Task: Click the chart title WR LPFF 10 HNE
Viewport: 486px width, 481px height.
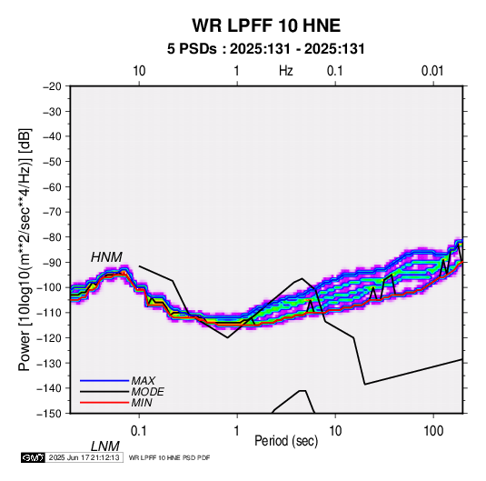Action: [x=266, y=25]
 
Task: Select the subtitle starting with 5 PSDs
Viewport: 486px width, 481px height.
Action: [x=266, y=49]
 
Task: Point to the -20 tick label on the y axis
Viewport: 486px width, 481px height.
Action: [x=52, y=86]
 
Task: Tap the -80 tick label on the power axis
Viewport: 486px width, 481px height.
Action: [x=52, y=237]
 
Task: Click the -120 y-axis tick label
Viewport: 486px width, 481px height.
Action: [x=49, y=338]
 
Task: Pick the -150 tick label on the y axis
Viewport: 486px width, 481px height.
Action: [x=49, y=414]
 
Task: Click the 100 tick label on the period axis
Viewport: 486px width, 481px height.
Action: [x=433, y=431]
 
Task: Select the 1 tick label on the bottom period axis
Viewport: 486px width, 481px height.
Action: [x=237, y=431]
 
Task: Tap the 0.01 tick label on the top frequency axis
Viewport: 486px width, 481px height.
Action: [x=432, y=71]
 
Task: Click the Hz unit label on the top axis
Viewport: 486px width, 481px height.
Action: [x=286, y=71]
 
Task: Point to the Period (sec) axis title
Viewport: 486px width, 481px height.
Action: [x=286, y=441]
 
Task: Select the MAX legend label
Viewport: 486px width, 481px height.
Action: [x=144, y=381]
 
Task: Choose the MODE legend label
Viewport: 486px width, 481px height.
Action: [x=147, y=392]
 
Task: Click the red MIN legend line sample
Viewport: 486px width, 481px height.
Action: [x=104, y=403]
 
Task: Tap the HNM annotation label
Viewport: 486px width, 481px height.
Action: [x=106, y=257]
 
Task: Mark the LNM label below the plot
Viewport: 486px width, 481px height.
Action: [x=105, y=446]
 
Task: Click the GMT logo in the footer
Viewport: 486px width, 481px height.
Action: [x=34, y=457]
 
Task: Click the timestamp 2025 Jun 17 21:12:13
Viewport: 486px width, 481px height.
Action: [x=84, y=457]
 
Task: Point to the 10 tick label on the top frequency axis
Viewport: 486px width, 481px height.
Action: [x=139, y=71]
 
